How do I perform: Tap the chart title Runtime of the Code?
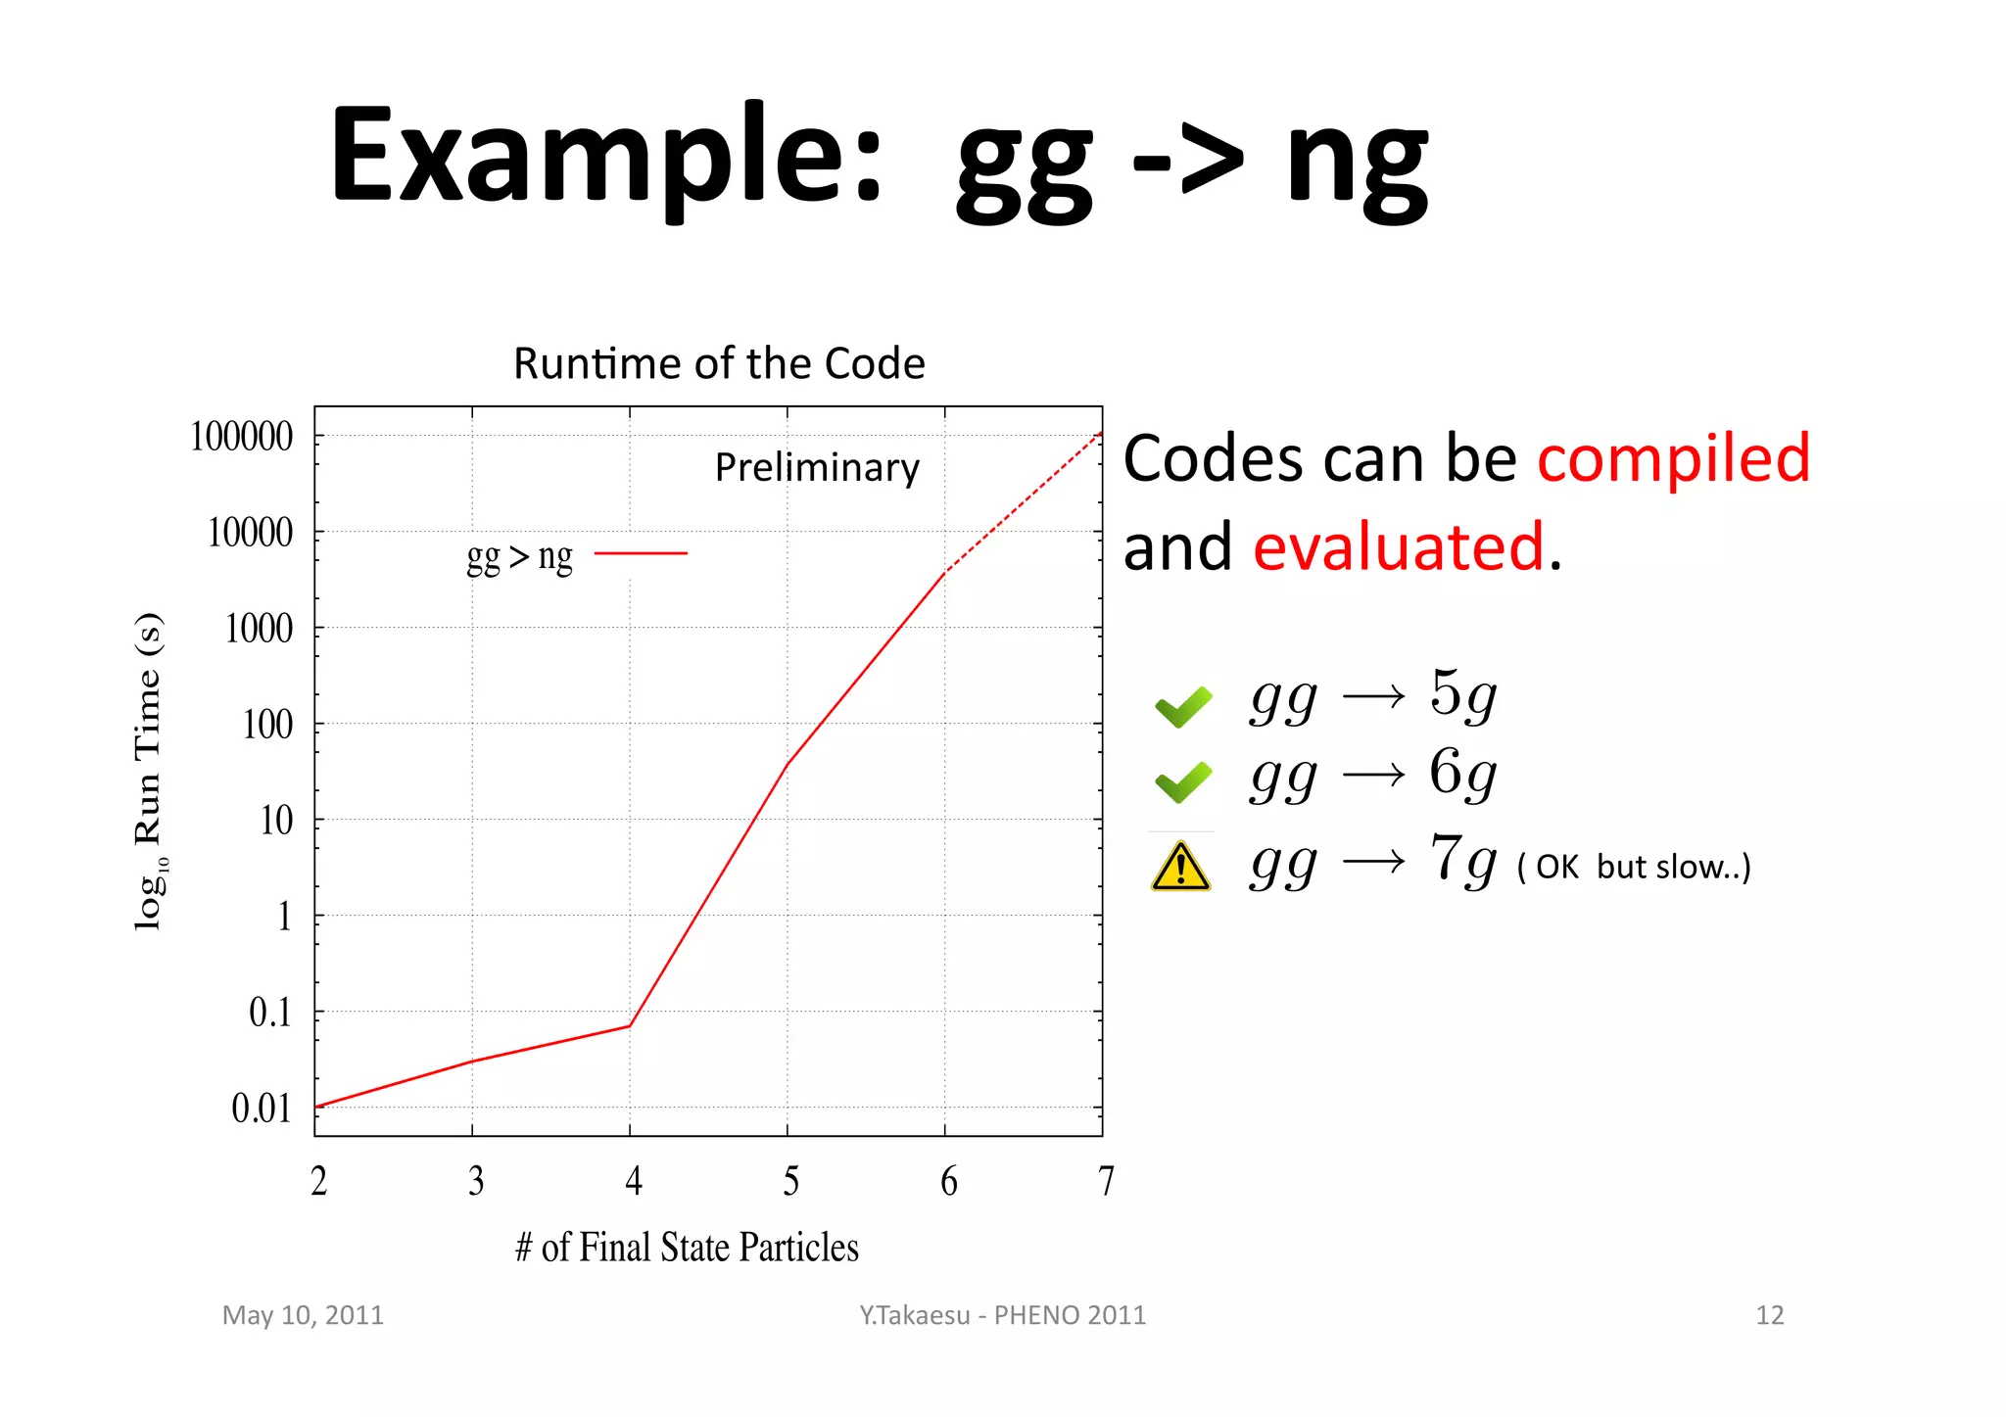point(719,363)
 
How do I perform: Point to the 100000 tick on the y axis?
point(241,437)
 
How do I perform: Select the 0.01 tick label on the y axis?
point(262,1109)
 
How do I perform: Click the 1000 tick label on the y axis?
point(259,629)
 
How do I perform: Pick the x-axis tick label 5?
point(790,1182)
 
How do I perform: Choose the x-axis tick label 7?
point(1106,1182)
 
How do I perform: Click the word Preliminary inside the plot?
point(817,468)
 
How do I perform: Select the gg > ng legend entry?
point(576,556)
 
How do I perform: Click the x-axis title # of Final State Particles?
point(687,1248)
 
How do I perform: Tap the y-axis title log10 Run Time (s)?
point(149,772)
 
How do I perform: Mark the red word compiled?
point(1673,458)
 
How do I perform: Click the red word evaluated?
point(1399,546)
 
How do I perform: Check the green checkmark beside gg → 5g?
point(1183,706)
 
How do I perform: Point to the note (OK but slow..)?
point(1633,867)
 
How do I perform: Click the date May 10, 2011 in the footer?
point(303,1315)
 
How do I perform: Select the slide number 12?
point(1769,1315)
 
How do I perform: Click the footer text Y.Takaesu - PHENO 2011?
point(1002,1315)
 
